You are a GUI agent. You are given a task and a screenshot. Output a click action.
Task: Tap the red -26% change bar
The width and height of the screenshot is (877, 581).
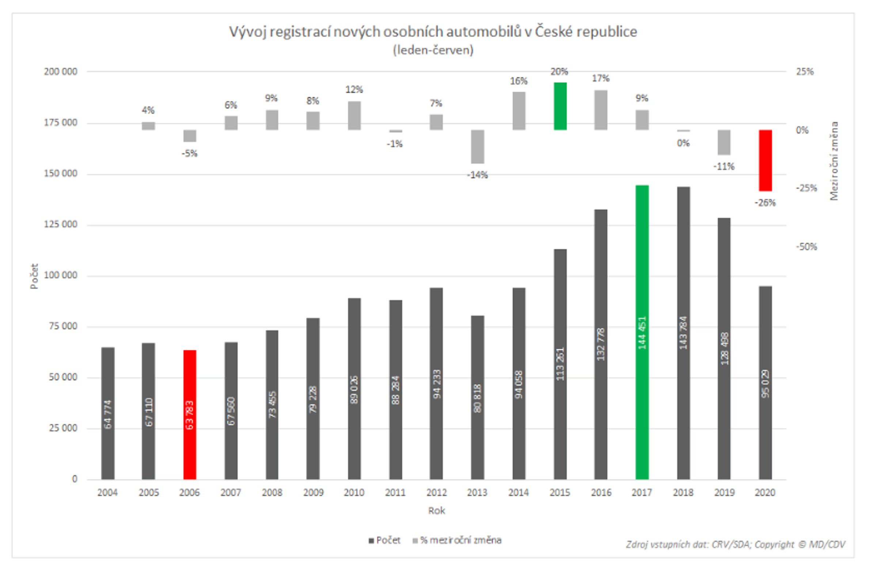pyautogui.click(x=765, y=160)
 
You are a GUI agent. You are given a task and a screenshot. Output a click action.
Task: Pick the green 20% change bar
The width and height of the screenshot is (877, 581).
pyautogui.click(x=560, y=106)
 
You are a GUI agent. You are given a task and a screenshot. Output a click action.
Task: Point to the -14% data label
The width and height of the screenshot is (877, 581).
pyautogui.click(x=477, y=175)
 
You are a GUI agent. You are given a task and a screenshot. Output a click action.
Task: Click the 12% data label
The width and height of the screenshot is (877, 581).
pyautogui.click(x=354, y=90)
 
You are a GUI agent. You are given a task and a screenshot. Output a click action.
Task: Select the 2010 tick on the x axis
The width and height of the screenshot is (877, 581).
pyautogui.click(x=354, y=493)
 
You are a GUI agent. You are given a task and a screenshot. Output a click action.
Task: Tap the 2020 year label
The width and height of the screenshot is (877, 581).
pyautogui.click(x=765, y=493)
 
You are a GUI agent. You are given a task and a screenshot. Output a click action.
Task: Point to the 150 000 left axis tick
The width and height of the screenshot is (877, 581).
pyautogui.click(x=61, y=174)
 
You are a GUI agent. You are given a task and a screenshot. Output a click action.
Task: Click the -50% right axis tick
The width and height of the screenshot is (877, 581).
pyautogui.click(x=806, y=247)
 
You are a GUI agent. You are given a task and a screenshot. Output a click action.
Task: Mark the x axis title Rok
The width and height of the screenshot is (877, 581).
pyautogui.click(x=436, y=510)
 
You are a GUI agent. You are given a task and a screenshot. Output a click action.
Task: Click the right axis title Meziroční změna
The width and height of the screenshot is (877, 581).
pyautogui.click(x=834, y=161)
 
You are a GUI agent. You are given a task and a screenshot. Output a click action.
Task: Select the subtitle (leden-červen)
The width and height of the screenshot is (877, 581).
pyautogui.click(x=433, y=50)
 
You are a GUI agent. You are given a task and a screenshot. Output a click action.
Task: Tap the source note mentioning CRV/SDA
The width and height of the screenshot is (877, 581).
pyautogui.click(x=735, y=544)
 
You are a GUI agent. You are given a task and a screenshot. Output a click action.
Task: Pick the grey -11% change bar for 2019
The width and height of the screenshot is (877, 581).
pyautogui.click(x=724, y=142)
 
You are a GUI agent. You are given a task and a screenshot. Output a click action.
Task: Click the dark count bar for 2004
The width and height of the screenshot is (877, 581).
pyautogui.click(x=108, y=413)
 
